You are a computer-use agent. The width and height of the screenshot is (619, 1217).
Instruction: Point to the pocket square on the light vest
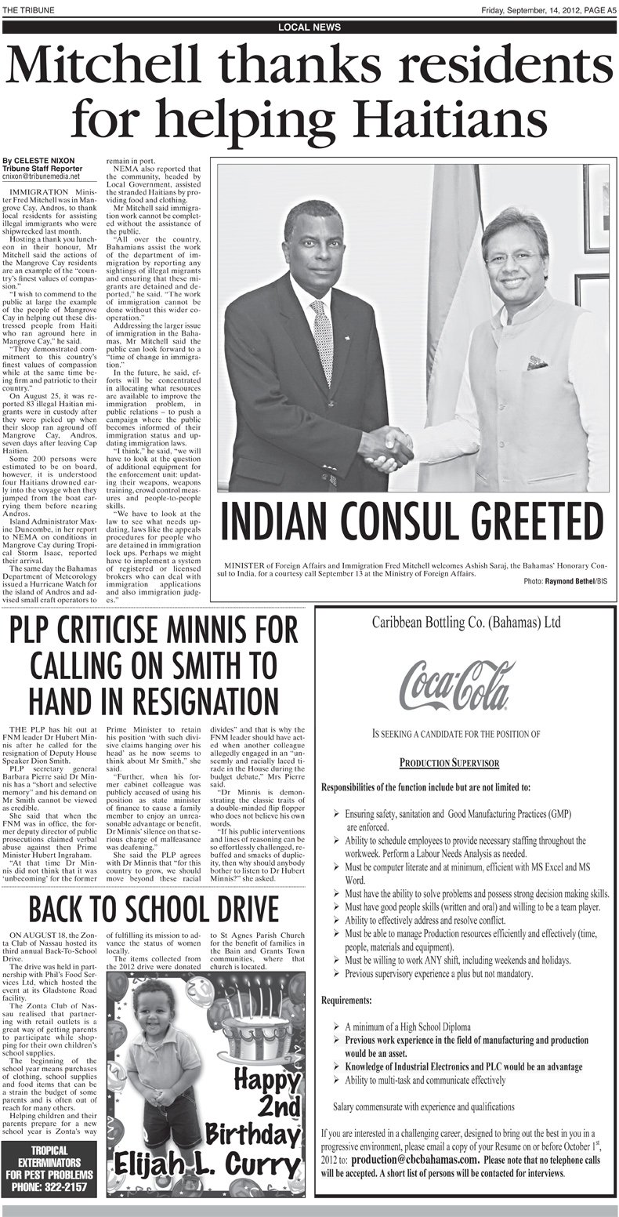coord(537,363)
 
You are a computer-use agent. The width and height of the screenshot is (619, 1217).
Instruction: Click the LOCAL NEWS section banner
coord(309,27)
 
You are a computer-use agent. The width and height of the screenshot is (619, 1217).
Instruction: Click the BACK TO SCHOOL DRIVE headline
coord(154,910)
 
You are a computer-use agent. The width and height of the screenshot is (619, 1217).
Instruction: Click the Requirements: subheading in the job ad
coord(354,1001)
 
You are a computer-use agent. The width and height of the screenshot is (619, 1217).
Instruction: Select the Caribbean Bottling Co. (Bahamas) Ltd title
coord(465,624)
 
